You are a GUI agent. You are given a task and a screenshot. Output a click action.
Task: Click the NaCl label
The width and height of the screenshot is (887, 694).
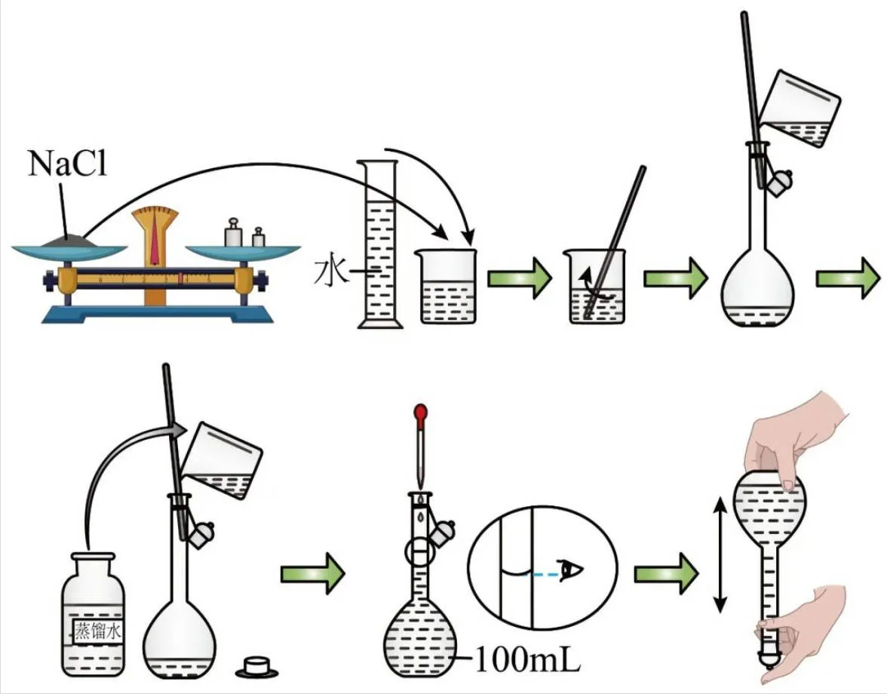click(x=67, y=164)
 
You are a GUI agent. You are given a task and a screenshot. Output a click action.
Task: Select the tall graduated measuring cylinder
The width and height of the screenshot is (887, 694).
click(x=380, y=244)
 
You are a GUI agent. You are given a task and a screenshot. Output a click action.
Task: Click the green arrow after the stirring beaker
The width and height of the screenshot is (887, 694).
click(x=676, y=278)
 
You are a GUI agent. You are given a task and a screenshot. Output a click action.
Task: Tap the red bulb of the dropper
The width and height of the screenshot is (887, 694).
click(x=420, y=413)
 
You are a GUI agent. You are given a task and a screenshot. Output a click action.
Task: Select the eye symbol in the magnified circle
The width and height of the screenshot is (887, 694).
click(x=571, y=570)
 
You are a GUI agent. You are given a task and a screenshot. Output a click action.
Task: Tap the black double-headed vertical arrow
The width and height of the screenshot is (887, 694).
click(x=719, y=555)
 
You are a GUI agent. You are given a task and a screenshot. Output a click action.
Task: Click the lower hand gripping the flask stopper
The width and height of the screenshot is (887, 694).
click(x=803, y=627)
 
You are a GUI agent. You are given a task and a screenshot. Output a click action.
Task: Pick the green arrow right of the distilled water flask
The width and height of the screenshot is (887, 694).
click(x=313, y=573)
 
